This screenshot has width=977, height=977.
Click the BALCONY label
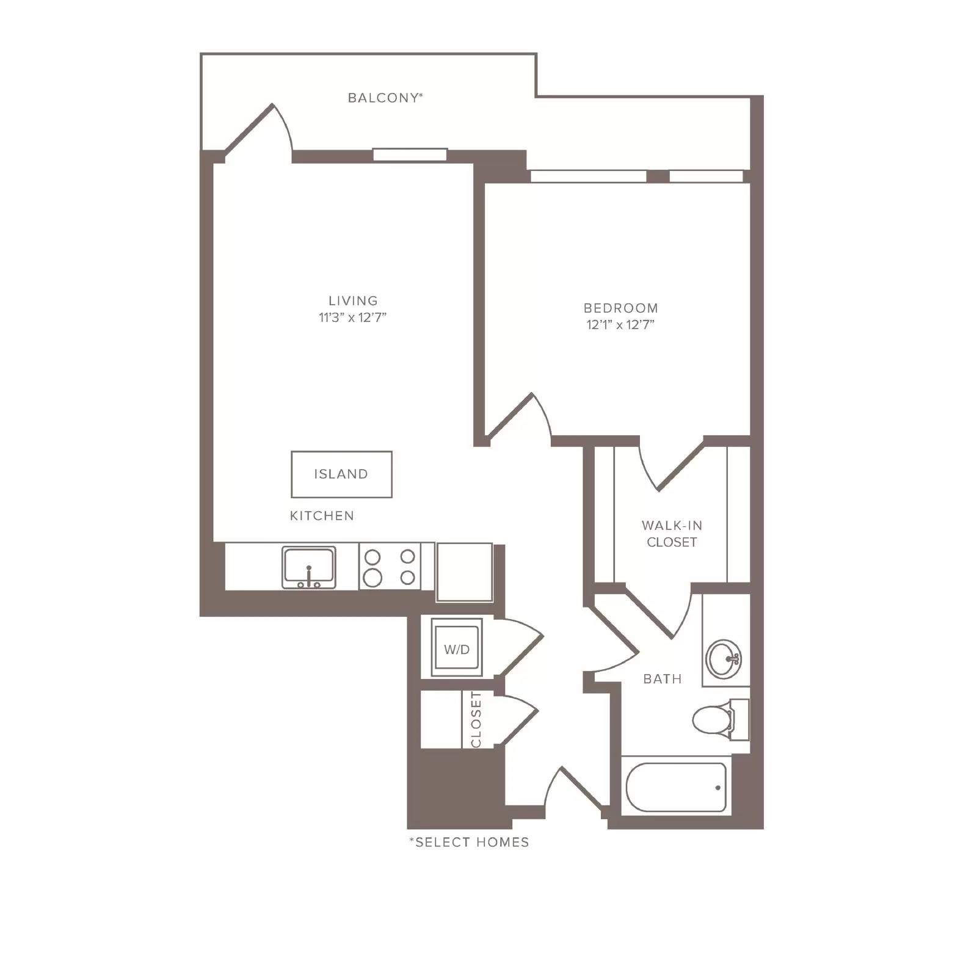(385, 98)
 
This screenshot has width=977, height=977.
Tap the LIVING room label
(353, 300)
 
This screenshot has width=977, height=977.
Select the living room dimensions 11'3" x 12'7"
(353, 318)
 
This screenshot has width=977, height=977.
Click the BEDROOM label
(620, 308)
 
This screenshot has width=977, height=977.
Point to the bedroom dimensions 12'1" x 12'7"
(620, 325)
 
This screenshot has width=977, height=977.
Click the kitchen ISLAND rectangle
(341, 474)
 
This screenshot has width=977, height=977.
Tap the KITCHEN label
(322, 516)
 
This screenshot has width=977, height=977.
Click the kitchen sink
(309, 567)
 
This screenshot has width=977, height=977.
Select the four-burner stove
(390, 567)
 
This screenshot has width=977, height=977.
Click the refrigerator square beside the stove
(465, 572)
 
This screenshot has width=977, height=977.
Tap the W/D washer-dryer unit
(457, 647)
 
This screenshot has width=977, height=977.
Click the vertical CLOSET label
(476, 719)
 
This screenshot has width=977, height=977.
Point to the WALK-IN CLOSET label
(672, 534)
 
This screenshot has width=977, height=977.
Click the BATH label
(663, 679)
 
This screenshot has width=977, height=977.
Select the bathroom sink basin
(724, 659)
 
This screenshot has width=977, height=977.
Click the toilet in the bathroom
(720, 720)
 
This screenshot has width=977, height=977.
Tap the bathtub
(676, 787)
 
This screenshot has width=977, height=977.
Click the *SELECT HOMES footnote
(469, 843)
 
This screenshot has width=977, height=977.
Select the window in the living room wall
(410, 155)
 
